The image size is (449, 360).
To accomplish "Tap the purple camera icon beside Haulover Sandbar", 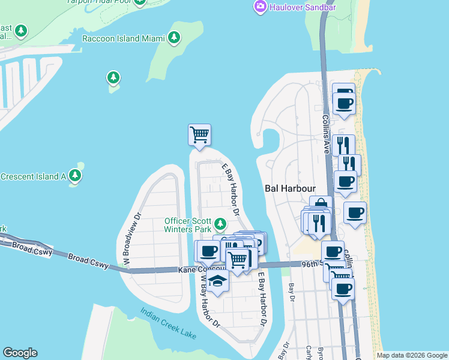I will tap(261, 7).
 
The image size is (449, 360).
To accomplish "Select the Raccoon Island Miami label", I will tap(124, 38).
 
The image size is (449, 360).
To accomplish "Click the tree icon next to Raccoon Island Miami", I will tap(175, 38).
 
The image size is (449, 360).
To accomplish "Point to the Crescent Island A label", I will tap(33, 176).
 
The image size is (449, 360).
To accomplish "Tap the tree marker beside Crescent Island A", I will tap(75, 176).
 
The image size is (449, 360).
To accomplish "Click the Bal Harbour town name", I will tap(290, 188).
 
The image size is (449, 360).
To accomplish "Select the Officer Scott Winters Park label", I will tap(188, 224).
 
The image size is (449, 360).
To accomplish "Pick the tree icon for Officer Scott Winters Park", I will tap(220, 224).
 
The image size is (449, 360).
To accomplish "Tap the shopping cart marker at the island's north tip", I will tap(199, 134).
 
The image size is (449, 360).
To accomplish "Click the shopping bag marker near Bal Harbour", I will tap(321, 206).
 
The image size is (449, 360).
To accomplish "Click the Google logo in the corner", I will tap(20, 353).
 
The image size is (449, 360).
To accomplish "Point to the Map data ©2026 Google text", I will tap(411, 355).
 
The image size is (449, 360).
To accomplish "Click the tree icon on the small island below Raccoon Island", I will tap(113, 77).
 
